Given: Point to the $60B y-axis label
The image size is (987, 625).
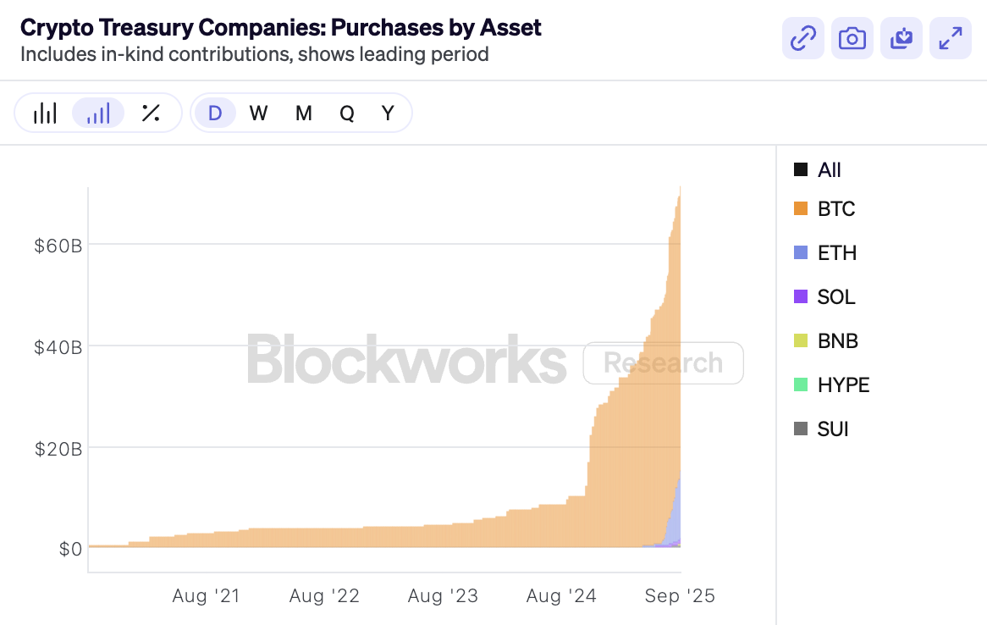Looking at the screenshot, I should [58, 246].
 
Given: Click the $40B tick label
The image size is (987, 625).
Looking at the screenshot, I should [58, 347].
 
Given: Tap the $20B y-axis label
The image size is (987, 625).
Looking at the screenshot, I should [58, 449].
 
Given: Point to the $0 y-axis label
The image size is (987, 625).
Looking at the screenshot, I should [70, 550].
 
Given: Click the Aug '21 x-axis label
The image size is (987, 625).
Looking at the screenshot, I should [206, 596].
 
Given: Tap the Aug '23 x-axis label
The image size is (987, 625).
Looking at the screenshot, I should [443, 596].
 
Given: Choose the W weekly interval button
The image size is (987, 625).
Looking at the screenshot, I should [258, 113].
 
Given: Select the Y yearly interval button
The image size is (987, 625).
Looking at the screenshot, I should [388, 113].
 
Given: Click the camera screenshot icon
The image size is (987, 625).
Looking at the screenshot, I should [852, 38].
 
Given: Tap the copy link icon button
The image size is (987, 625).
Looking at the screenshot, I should [802, 38].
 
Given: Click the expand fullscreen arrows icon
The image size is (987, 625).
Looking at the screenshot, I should [951, 38].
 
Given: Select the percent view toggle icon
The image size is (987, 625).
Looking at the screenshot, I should [151, 113].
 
